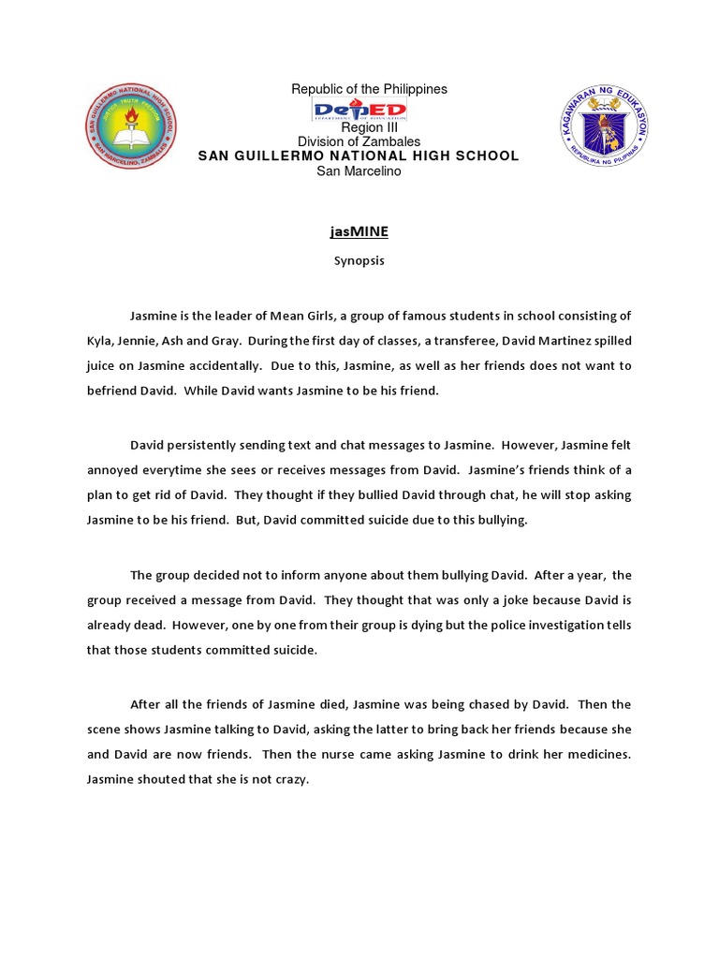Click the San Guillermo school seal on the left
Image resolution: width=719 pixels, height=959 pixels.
point(130,125)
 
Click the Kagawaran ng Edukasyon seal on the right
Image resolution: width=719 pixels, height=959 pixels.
point(605,125)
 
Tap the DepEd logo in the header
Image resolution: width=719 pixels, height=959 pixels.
point(359,111)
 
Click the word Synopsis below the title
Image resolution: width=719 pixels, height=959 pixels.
point(359,261)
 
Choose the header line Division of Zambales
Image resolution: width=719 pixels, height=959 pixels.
point(359,141)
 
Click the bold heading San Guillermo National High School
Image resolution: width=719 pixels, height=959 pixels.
point(359,155)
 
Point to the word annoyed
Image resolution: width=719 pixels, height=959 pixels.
point(113,469)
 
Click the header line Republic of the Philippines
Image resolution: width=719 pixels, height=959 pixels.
point(369,89)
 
